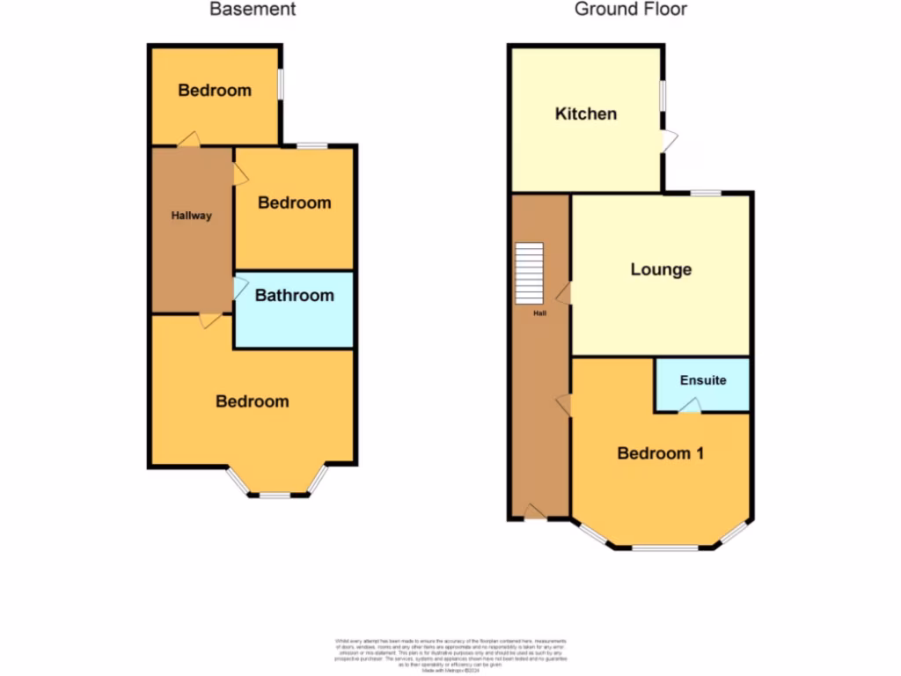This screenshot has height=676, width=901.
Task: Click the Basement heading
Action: click(x=252, y=10)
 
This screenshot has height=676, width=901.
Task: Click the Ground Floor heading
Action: click(x=631, y=10)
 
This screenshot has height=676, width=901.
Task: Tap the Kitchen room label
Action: click(x=585, y=114)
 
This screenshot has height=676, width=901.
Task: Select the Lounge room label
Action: click(x=661, y=269)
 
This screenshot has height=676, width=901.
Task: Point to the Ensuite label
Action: click(x=703, y=380)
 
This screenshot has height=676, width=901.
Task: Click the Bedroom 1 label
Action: click(x=660, y=453)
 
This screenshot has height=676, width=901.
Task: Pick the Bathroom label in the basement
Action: click(x=294, y=296)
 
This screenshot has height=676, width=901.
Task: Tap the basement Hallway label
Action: click(x=191, y=216)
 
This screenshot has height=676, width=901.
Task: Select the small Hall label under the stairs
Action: click(x=539, y=312)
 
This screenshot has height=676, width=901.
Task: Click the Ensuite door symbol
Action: click(x=691, y=405)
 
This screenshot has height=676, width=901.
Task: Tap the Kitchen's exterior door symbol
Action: click(x=670, y=140)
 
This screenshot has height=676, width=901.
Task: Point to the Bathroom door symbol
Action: click(x=239, y=288)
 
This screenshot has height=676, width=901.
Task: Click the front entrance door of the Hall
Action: click(x=533, y=511)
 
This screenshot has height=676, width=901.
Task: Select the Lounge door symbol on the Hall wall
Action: click(x=563, y=294)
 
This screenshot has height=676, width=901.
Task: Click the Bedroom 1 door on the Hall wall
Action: click(x=563, y=403)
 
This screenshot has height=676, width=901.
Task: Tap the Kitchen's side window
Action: click(x=663, y=97)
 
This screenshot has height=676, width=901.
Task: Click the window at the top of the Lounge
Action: click(x=706, y=193)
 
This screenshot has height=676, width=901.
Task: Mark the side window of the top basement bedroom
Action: click(x=281, y=85)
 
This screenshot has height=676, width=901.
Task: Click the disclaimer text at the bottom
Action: click(x=450, y=656)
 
